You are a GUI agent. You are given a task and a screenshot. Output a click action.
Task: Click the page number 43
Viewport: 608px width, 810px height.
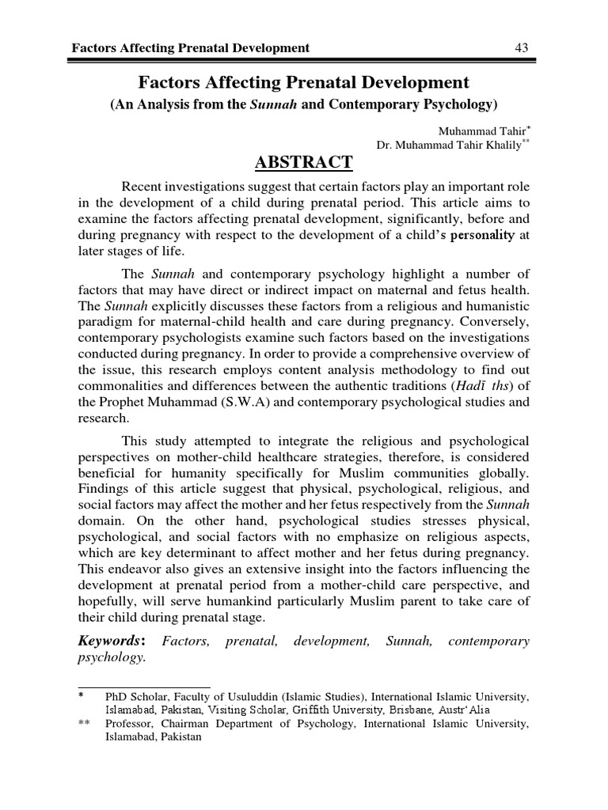tap(522, 48)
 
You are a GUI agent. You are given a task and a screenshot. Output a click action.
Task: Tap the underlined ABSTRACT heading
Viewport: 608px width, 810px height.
tap(304, 162)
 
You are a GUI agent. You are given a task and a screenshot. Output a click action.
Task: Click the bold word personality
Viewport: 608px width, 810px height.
tap(482, 235)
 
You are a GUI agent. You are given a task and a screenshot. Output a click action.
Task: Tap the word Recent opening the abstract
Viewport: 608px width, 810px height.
tap(145, 185)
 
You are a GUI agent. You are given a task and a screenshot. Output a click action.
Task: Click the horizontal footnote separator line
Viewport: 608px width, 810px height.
tap(143, 687)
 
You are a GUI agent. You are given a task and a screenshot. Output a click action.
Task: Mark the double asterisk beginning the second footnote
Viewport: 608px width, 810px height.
tap(83, 723)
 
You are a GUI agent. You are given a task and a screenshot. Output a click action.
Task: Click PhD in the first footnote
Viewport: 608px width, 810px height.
tap(115, 696)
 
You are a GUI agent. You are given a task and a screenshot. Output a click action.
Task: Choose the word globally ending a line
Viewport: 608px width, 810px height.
tap(503, 473)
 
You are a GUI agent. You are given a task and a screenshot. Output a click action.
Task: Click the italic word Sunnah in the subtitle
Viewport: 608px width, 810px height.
tap(273, 104)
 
